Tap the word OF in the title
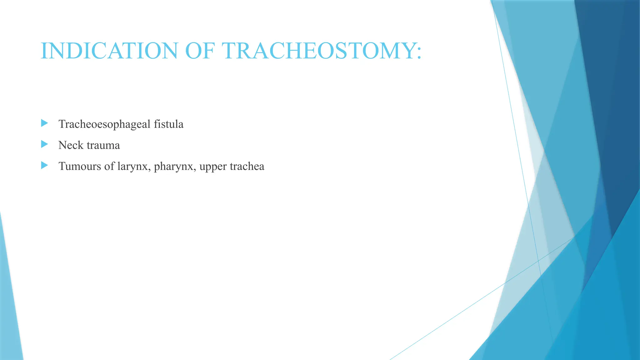click(x=200, y=51)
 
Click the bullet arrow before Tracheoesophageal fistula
click(x=44, y=123)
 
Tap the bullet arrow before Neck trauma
click(x=44, y=144)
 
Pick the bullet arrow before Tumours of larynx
click(x=44, y=165)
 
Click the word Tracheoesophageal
click(x=104, y=124)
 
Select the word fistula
click(x=168, y=124)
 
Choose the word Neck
click(x=71, y=145)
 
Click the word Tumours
click(x=80, y=166)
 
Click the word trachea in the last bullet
click(x=247, y=166)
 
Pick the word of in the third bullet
click(x=109, y=166)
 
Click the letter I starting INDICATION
click(x=44, y=51)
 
